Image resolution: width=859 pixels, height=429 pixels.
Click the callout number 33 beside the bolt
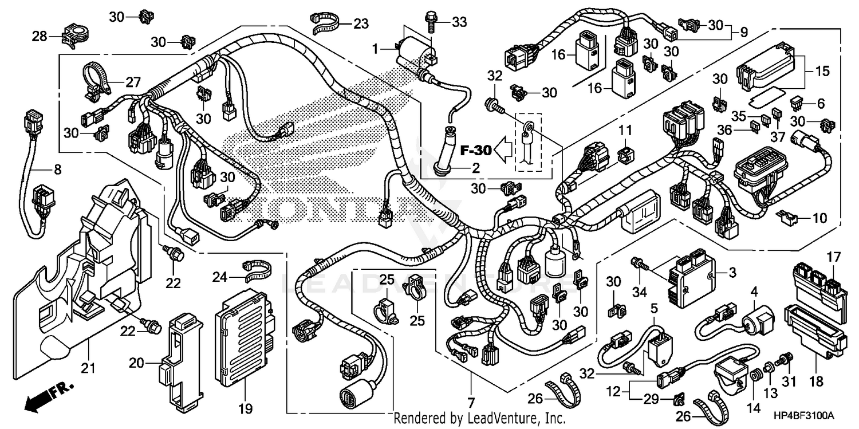(x=459, y=22)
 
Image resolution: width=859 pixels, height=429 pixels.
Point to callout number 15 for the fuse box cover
(x=822, y=72)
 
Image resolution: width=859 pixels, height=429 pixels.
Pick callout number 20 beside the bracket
(x=135, y=363)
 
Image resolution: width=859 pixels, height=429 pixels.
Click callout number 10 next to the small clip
(x=820, y=218)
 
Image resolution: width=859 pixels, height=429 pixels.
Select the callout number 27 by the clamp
(x=133, y=82)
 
